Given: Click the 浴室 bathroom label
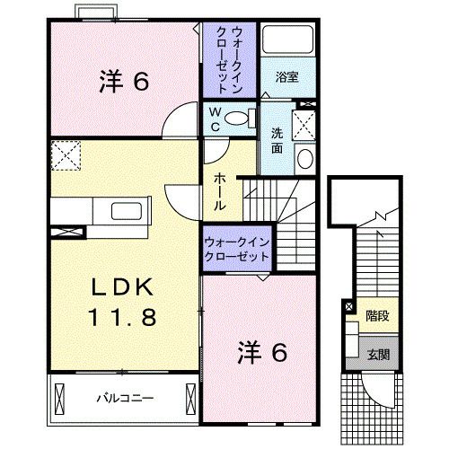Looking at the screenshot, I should click(288, 77).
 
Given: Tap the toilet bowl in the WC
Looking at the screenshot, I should click(237, 117).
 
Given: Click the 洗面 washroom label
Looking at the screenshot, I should click(278, 140).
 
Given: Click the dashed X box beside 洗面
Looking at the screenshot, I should click(304, 123).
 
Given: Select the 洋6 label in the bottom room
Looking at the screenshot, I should click(261, 351).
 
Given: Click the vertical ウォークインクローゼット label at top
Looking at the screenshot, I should click(229, 59).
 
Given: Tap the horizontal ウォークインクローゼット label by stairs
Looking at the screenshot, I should click(237, 249).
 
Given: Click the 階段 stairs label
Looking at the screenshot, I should click(377, 316).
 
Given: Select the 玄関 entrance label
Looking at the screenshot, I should click(377, 354).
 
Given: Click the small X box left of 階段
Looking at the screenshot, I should click(348, 307).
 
